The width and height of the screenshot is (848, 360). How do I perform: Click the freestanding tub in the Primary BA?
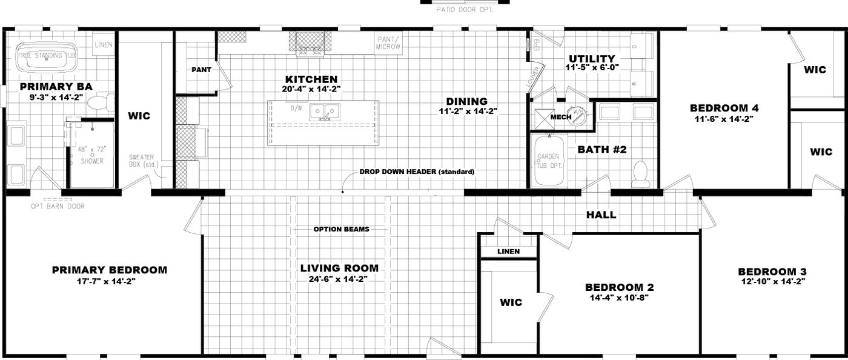point(51,55)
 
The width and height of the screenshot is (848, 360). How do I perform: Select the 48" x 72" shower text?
point(91,155)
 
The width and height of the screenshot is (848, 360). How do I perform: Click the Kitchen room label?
point(311,79)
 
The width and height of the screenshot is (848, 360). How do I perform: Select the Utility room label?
point(592,59)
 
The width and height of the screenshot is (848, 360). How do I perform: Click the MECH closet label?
point(560,117)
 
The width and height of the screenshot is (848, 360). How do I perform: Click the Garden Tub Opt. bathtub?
point(549,161)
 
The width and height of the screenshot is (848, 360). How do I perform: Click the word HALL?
point(601,215)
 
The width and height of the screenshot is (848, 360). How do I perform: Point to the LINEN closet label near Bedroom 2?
point(508,252)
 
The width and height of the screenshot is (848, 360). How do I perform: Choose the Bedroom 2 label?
point(619,287)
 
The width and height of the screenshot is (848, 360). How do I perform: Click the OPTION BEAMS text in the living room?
point(342,230)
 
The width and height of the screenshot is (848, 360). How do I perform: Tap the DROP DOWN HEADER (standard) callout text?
point(417,172)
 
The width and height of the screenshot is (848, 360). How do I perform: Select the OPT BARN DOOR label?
point(58,206)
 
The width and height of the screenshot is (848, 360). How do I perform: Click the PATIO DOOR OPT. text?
point(465,10)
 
